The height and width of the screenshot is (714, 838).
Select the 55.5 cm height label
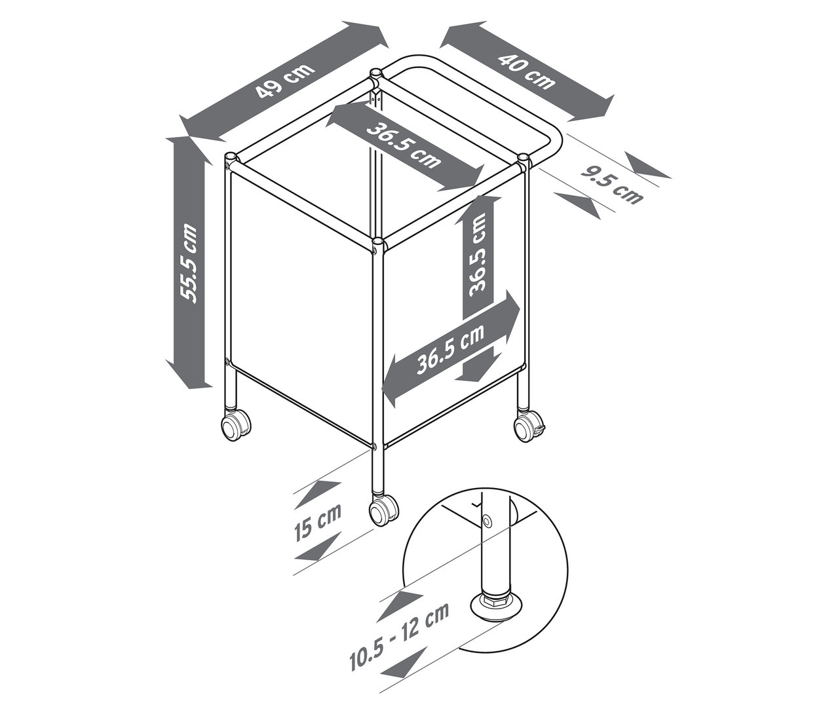(191, 262)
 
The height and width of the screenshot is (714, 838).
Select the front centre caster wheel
(383, 510)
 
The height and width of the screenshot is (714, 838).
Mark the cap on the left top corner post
(231, 158)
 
